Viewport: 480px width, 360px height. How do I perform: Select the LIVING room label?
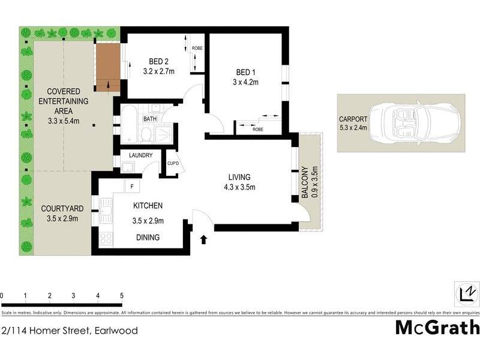[239, 177]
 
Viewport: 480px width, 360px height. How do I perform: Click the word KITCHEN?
[148, 206]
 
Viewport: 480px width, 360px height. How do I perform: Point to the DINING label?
[148, 238]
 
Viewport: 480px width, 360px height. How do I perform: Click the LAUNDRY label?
[140, 155]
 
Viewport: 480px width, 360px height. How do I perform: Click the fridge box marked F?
[131, 187]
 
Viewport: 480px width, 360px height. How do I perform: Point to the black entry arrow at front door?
[203, 239]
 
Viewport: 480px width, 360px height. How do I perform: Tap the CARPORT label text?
[352, 118]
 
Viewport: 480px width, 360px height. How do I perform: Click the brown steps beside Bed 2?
[109, 62]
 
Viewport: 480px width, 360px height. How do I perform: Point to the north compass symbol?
[466, 293]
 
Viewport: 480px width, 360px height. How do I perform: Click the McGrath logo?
[437, 328]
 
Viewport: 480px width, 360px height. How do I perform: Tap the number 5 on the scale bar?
[122, 296]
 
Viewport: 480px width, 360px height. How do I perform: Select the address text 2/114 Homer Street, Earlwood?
[70, 331]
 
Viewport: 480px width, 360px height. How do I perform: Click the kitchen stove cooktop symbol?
[106, 238]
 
